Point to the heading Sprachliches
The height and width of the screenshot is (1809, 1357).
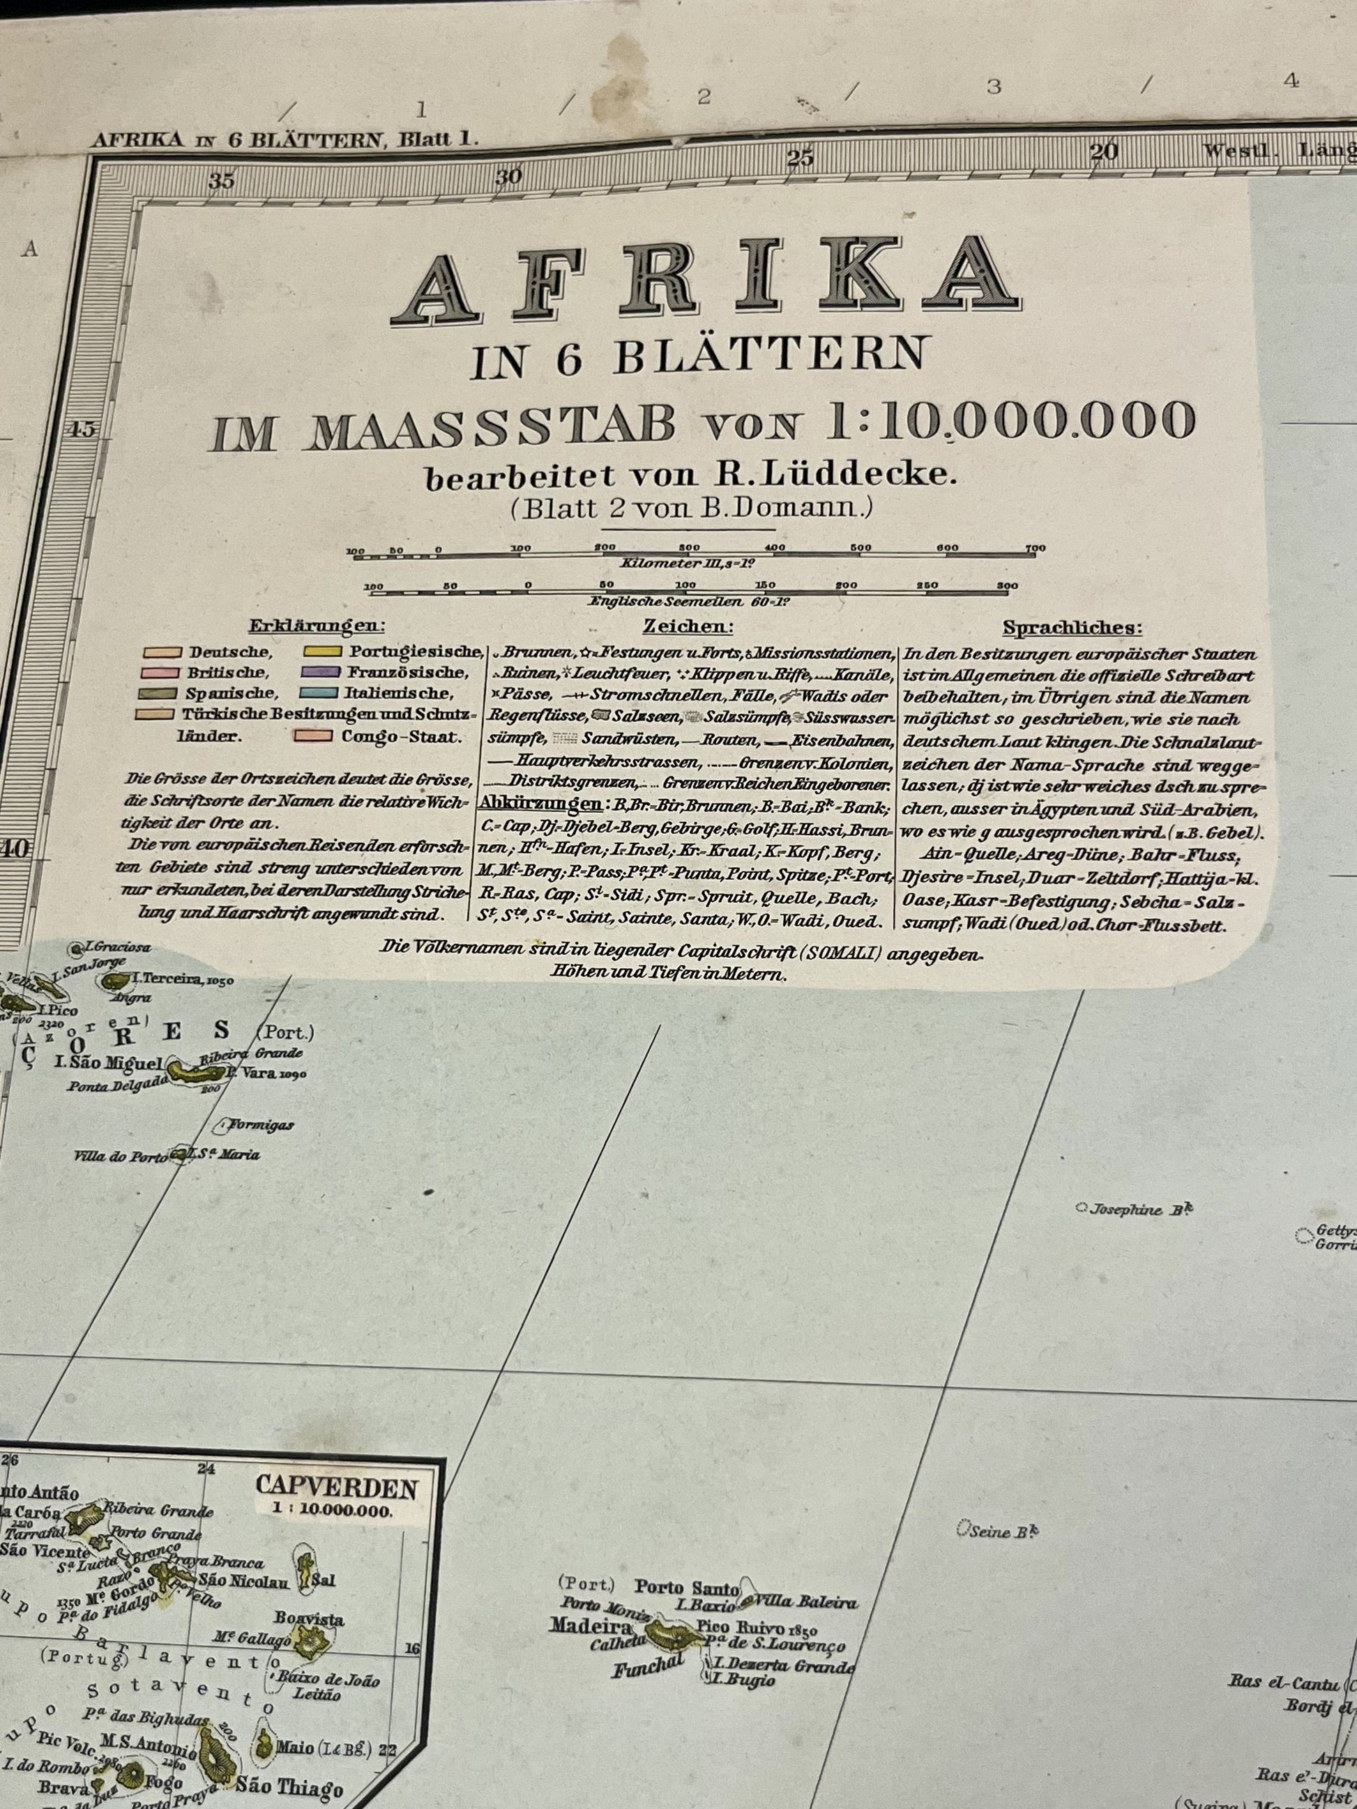(x=1072, y=628)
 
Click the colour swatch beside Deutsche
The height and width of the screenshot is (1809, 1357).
(x=161, y=652)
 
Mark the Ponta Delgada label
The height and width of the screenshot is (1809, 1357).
(x=117, y=1087)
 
